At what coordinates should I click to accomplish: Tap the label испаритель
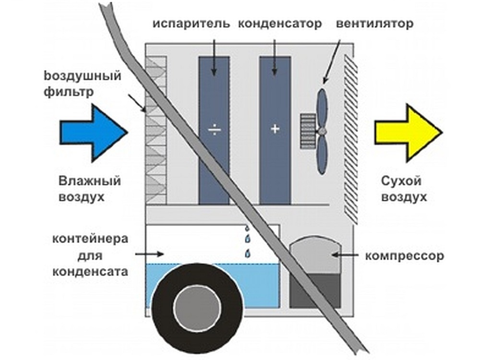pos(192,24)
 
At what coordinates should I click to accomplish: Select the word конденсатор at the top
pos(280,24)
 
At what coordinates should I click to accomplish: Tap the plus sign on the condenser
pos(275,129)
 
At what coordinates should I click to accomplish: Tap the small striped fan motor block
pos(307,130)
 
